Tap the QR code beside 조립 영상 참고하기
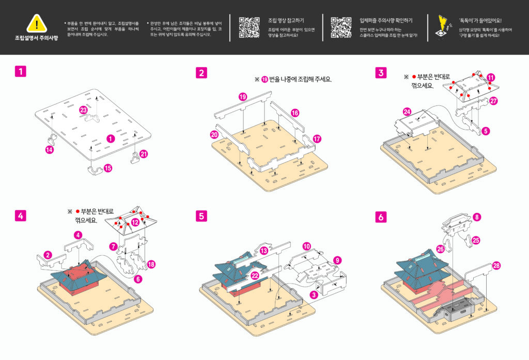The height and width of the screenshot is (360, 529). (x=249, y=27)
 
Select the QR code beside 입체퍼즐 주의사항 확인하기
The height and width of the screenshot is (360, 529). (x=340, y=27)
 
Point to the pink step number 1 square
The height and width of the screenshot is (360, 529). (x=20, y=72)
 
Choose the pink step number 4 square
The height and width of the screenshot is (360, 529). (x=20, y=215)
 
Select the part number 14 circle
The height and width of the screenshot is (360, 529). (x=50, y=149)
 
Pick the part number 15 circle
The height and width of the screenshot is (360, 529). (x=108, y=168)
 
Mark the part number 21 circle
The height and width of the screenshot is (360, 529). (x=144, y=153)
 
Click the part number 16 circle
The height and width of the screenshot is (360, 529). (x=294, y=113)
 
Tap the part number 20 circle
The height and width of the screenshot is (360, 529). (x=214, y=134)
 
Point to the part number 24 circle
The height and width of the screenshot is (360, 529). (x=407, y=112)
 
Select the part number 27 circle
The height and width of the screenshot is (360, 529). (x=493, y=101)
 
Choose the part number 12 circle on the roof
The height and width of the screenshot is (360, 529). (x=135, y=222)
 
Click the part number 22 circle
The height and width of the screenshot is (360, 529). (x=254, y=276)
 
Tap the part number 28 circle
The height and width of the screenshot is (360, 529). (x=496, y=266)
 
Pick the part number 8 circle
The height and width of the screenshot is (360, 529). (x=477, y=217)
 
